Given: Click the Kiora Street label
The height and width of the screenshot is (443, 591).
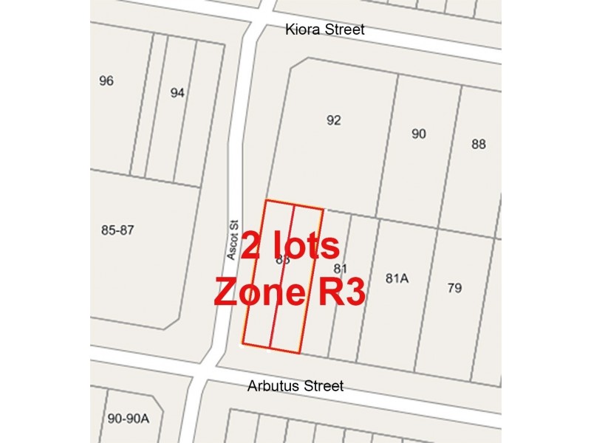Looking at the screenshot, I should point(327,30).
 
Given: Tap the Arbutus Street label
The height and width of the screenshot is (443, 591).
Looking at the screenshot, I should point(295,386).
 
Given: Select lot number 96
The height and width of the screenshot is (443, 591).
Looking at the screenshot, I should point(106,80).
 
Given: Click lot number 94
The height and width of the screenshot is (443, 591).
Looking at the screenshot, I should point(177,93).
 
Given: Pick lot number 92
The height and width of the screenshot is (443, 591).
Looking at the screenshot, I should point(334,120).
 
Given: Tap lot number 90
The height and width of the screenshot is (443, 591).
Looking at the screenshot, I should point(419,134).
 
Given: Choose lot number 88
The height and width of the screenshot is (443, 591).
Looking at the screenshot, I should point(479,144).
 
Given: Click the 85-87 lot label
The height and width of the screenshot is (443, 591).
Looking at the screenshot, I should point(117,230).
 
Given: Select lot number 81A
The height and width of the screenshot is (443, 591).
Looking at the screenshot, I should point(397,278).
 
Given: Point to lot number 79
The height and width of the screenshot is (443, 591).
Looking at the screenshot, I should point(454,287).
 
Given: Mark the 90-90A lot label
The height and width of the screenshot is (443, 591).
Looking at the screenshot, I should point(129,419).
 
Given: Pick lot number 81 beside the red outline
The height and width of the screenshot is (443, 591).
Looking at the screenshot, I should point(341,268).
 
